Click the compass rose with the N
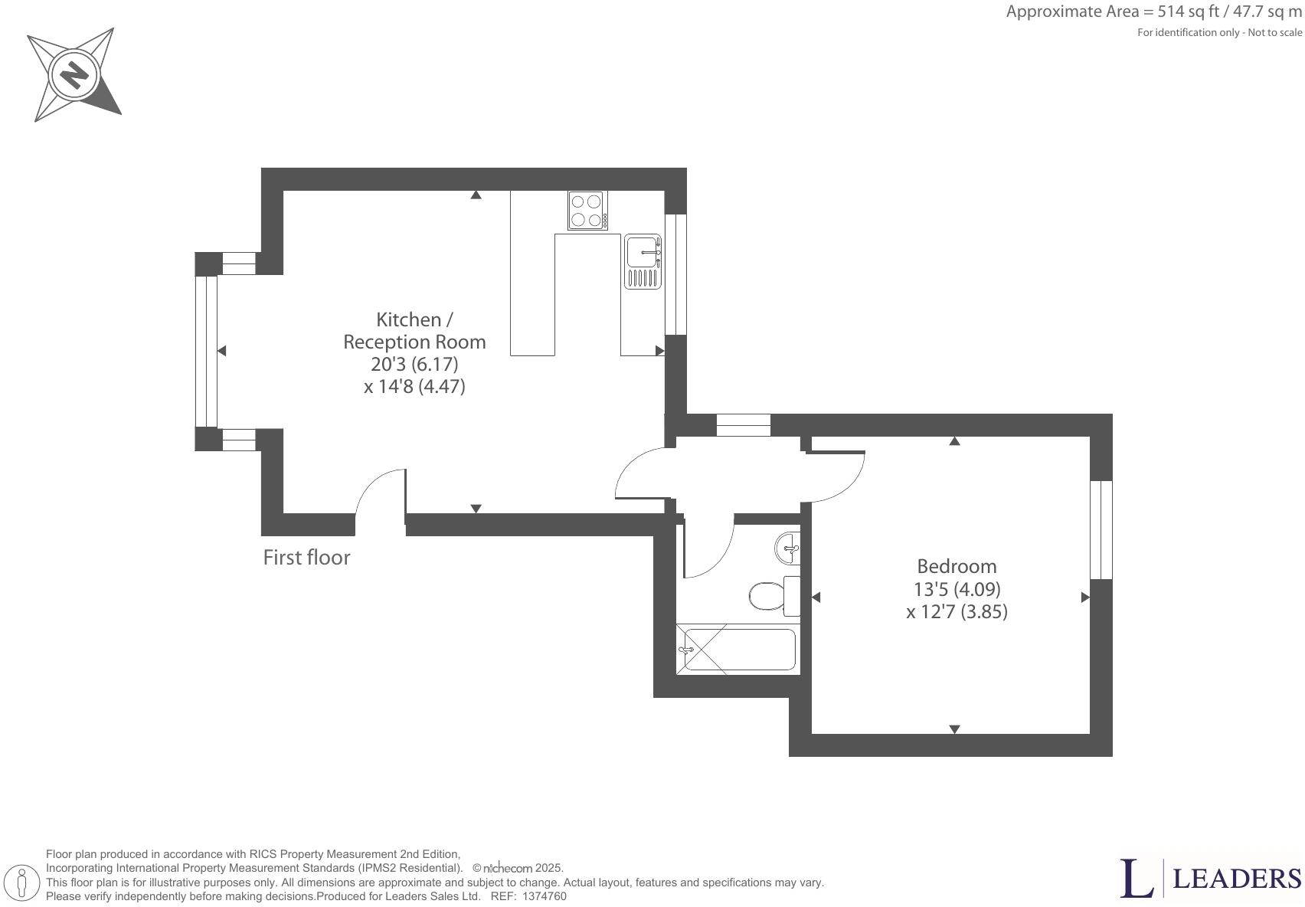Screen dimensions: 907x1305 (x=75, y=74)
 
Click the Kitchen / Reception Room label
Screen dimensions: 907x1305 (x=414, y=330)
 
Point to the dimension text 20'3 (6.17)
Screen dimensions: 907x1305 (x=414, y=364)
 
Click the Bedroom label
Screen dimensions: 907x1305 (x=957, y=567)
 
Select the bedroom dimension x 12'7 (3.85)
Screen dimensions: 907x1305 (x=957, y=612)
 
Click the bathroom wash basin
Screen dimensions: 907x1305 (x=788, y=548)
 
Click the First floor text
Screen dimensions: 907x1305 (x=306, y=558)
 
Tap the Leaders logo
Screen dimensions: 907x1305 (x=1210, y=879)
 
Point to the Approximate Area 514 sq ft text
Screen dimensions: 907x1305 (x=1153, y=11)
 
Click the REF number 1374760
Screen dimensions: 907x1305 (x=544, y=896)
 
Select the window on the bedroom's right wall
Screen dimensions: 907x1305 (x=1101, y=529)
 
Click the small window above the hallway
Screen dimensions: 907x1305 (x=743, y=424)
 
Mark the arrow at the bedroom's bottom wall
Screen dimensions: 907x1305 (x=954, y=729)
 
